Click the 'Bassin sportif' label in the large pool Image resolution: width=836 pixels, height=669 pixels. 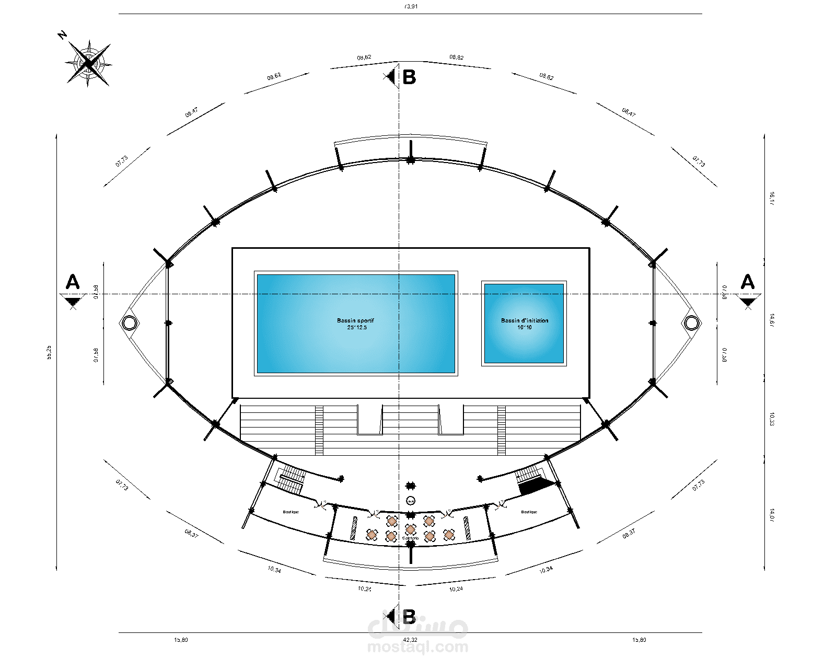pyautogui.click(x=355, y=320)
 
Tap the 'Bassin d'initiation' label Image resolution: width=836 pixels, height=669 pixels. pyautogui.click(x=525, y=320)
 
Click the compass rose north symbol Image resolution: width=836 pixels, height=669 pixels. pyautogui.click(x=89, y=63)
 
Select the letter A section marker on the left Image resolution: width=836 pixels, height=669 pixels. pyautogui.click(x=73, y=282)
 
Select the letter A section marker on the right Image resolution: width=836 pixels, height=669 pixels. pyautogui.click(x=748, y=282)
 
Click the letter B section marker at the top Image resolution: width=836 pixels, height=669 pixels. pyautogui.click(x=409, y=77)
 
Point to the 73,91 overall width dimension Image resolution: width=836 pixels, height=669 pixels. pyautogui.click(x=412, y=7)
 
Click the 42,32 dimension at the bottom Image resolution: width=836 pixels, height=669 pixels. pyautogui.click(x=410, y=640)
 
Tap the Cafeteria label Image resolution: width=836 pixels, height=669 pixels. pyautogui.click(x=411, y=538)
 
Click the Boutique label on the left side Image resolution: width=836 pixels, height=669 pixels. pyautogui.click(x=291, y=512)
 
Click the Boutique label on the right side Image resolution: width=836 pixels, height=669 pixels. pyautogui.click(x=529, y=512)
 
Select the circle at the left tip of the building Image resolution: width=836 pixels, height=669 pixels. pyautogui.click(x=129, y=323)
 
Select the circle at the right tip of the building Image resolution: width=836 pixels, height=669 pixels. pyautogui.click(x=691, y=323)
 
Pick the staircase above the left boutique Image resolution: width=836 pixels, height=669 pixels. pyautogui.click(x=291, y=480)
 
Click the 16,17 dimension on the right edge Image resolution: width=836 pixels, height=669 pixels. pyautogui.click(x=772, y=199)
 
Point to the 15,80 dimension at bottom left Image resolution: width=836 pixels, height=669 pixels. pyautogui.click(x=181, y=640)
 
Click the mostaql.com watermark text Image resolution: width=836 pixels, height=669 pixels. pyautogui.click(x=417, y=648)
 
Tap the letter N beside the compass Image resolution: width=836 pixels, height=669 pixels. pyautogui.click(x=63, y=35)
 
